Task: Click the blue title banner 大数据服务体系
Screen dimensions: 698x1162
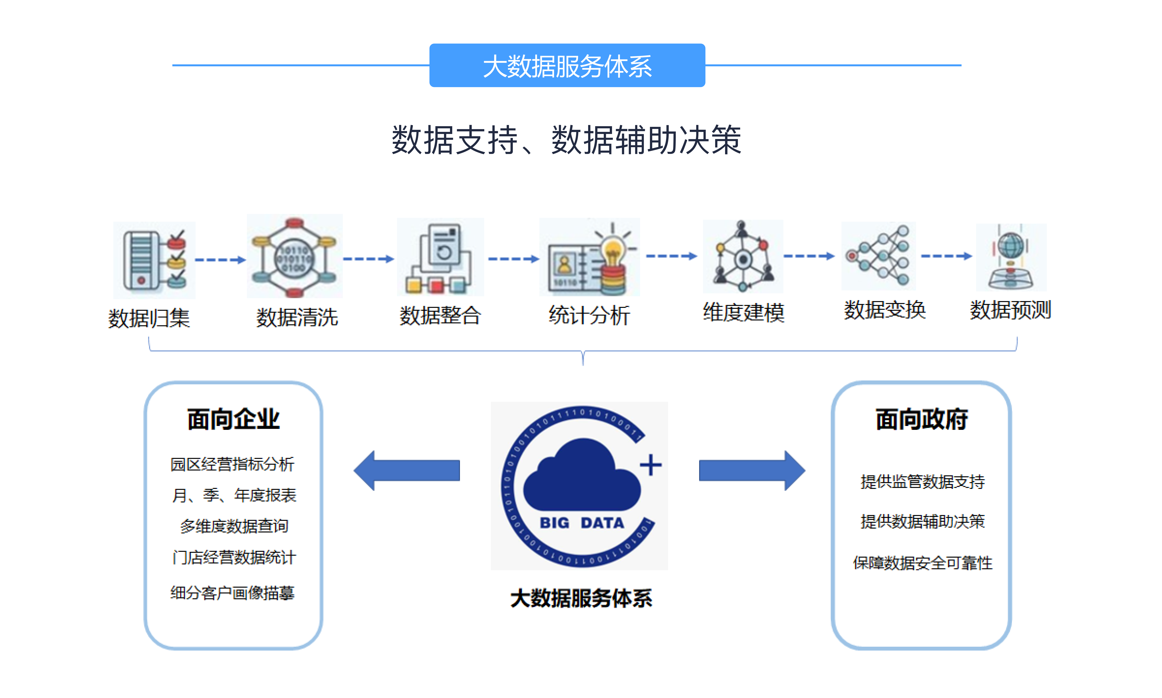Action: (567, 65)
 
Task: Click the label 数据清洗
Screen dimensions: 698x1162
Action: (297, 317)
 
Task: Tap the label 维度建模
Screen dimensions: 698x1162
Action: (743, 312)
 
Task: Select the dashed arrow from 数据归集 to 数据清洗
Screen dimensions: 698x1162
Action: (220, 260)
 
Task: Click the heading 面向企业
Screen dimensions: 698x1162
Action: (233, 419)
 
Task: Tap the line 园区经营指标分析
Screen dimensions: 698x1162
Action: (232, 464)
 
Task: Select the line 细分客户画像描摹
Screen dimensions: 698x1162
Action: (232, 593)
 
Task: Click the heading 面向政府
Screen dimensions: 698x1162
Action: (921, 419)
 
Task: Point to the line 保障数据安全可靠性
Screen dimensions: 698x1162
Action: (922, 563)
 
